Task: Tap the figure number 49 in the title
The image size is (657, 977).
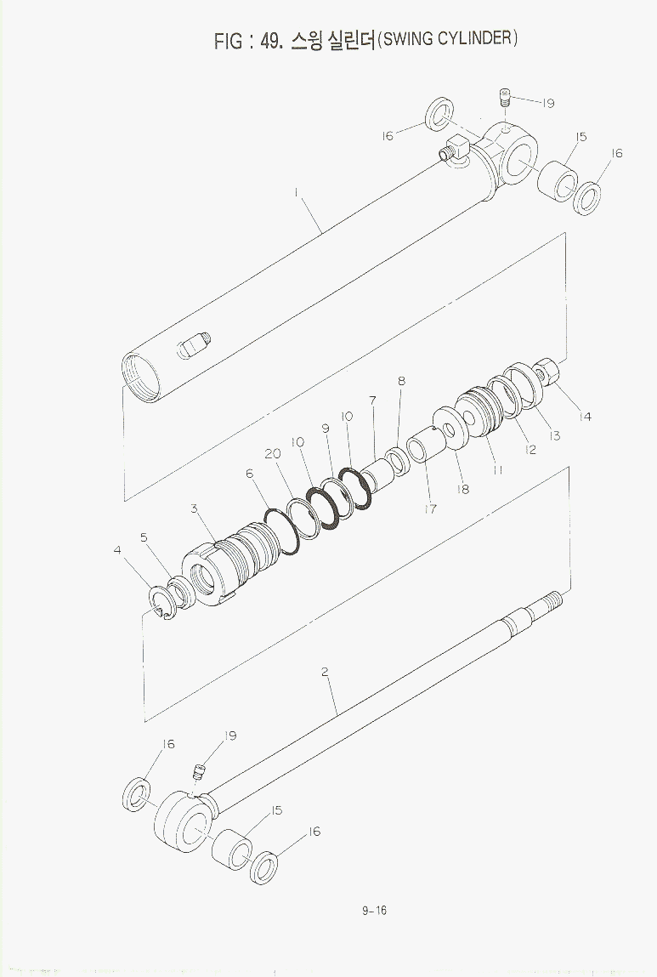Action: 272,40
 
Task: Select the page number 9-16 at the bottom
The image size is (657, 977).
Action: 374,911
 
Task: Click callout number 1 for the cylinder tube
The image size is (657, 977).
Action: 296,192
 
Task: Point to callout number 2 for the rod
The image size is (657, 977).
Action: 325,672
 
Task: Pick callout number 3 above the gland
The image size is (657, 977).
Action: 194,508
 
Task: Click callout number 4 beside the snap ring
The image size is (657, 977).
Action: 117,550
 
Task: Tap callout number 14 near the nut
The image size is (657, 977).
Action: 584,417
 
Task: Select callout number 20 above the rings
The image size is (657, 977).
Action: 273,453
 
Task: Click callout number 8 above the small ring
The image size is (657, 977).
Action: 402,380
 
